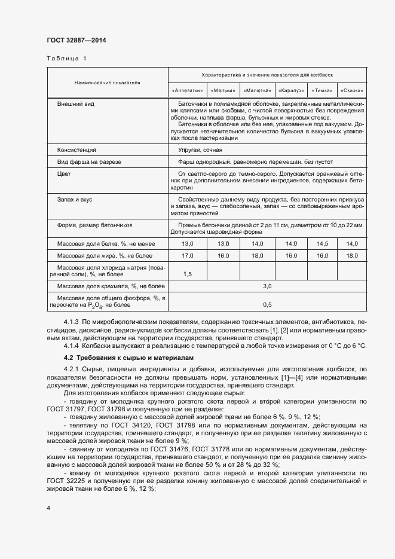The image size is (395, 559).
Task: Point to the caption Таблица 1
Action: point(66,59)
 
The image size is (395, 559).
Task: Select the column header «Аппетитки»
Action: point(188,90)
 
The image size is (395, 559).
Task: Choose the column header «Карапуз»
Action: point(291,90)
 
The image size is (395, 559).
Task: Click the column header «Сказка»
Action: point(352,90)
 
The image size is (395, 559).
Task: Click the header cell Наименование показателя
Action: point(107,83)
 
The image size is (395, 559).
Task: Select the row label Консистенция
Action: point(76,150)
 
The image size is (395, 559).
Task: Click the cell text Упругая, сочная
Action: point(200,150)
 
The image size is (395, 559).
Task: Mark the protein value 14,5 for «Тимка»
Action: point(323,244)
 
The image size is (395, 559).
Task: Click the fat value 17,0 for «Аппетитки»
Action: point(188,255)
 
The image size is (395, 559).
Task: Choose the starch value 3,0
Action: point(267,288)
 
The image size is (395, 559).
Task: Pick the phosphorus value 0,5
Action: point(267,305)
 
